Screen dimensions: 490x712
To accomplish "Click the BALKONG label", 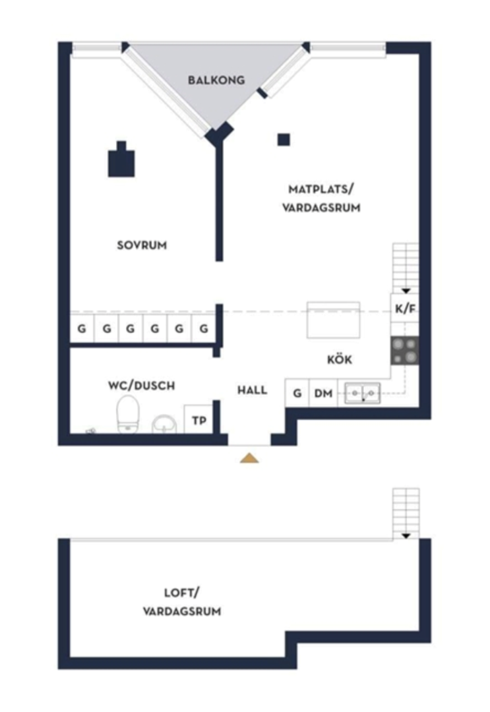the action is click(216, 80).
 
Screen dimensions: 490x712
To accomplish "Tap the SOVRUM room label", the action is click(142, 245).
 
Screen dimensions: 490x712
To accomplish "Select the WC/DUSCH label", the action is click(141, 386).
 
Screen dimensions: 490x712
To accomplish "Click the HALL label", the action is click(252, 390).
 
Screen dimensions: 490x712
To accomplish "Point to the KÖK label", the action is click(340, 359).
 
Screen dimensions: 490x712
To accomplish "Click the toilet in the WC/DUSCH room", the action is click(127, 413).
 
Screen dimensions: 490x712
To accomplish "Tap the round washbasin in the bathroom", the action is click(164, 424).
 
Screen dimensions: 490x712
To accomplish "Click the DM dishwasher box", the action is click(323, 393).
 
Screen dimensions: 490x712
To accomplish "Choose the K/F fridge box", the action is click(405, 309).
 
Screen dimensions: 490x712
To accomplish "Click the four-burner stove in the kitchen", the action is click(405, 351).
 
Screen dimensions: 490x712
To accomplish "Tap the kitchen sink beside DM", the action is click(363, 393).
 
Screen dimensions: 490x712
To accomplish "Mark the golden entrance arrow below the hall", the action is click(249, 458).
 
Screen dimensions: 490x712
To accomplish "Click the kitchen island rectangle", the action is click(333, 320).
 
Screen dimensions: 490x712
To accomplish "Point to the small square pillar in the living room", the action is click(284, 139).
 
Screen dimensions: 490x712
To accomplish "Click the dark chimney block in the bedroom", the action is click(121, 160).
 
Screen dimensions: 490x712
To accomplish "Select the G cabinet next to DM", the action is click(297, 393).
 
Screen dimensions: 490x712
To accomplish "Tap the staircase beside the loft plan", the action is click(406, 514).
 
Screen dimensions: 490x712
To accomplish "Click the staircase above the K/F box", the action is click(406, 268).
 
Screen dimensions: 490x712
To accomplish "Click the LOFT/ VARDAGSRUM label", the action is click(181, 602).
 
